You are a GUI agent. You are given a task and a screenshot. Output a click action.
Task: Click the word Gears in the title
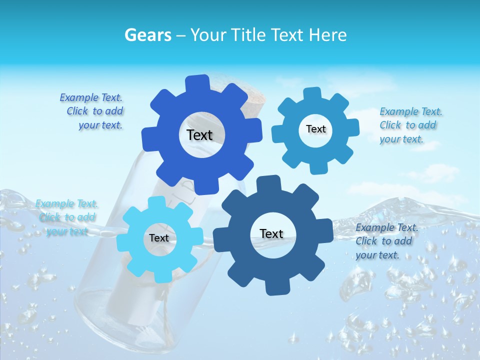[x=147, y=35]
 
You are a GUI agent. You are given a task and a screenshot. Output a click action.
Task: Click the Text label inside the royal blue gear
[x=199, y=135]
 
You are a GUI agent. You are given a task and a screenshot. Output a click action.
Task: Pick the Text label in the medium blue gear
[x=315, y=129]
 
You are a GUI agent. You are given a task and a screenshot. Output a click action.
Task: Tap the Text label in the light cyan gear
[x=159, y=238]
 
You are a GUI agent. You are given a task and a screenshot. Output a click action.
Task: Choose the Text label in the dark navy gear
[x=271, y=233]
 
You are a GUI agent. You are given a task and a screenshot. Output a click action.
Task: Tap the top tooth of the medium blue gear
[x=312, y=94]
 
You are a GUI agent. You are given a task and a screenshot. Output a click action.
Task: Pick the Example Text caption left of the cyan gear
[x=67, y=217]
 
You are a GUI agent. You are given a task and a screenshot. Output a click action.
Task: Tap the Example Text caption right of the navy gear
[x=386, y=241]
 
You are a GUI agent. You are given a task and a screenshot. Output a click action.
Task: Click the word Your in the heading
[x=206, y=35]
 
